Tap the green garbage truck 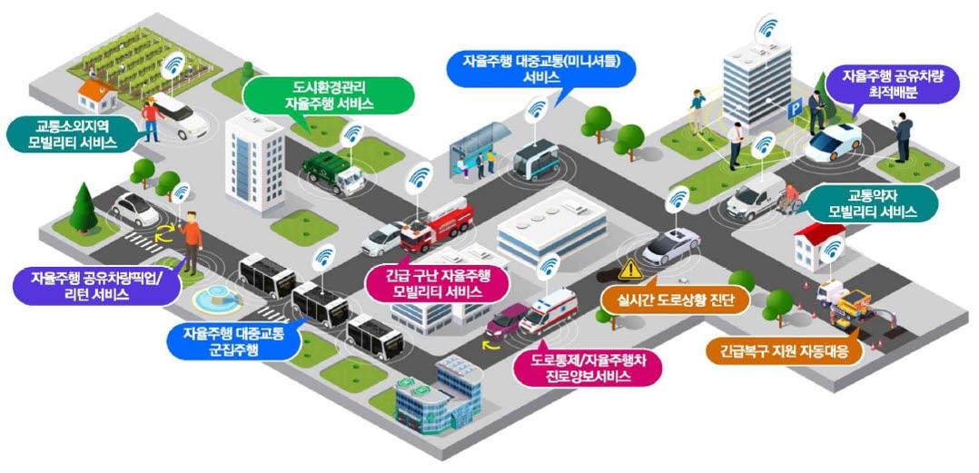click(332, 172)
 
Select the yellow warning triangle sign click(630, 269)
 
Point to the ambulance click(549, 311)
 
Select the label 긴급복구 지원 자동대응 click(785, 352)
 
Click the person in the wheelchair click(788, 200)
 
